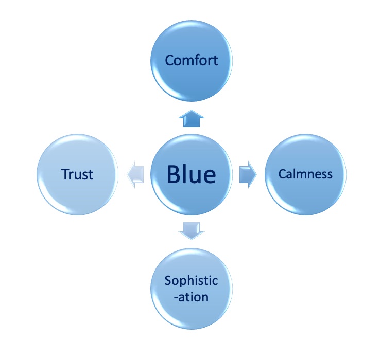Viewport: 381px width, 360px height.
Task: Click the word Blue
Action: pyautogui.click(x=192, y=174)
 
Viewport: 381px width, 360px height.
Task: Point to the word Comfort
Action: pyautogui.click(x=192, y=60)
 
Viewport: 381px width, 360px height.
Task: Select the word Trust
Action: pyautogui.click(x=78, y=175)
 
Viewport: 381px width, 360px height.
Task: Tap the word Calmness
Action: pyautogui.click(x=305, y=174)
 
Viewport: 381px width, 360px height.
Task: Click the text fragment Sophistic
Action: pyautogui.click(x=192, y=281)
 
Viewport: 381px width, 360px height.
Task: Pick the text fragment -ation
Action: pyautogui.click(x=192, y=297)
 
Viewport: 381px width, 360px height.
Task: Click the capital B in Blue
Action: pyautogui.click(x=174, y=174)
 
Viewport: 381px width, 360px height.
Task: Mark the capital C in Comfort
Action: pyautogui.click(x=169, y=60)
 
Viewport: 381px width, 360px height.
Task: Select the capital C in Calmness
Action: pyautogui.click(x=282, y=174)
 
